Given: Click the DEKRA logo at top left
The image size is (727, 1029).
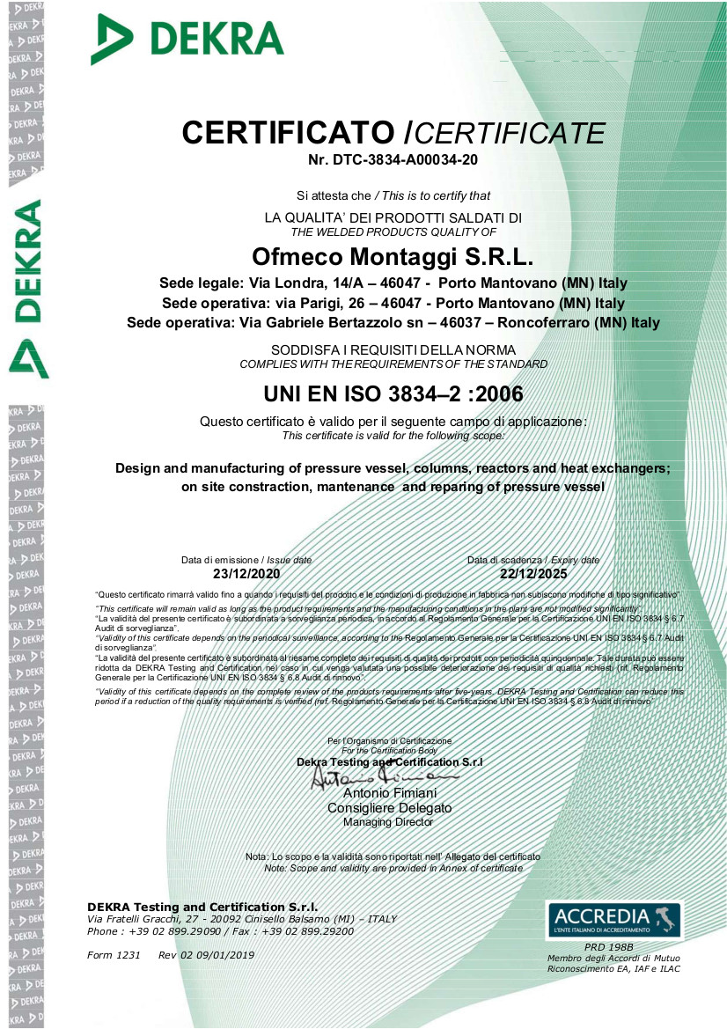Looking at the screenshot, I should point(187,40).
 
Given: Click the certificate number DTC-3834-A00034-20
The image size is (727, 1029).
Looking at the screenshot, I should point(393,160).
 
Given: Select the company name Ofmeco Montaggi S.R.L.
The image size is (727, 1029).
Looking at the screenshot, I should point(393,256).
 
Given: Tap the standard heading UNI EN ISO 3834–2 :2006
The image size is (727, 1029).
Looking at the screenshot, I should point(393,393).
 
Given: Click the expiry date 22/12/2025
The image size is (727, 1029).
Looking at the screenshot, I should point(532,573).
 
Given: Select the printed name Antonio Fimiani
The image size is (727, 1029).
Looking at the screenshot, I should point(389,794).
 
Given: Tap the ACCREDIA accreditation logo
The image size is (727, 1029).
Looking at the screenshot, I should point(613,919).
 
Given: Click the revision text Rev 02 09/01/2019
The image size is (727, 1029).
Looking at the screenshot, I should point(206,955).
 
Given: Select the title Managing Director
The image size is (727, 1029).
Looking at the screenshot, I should point(388,822).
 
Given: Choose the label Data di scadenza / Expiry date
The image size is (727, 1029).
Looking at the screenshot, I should point(532,560).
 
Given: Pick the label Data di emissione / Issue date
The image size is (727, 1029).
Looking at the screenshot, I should point(246,560).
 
